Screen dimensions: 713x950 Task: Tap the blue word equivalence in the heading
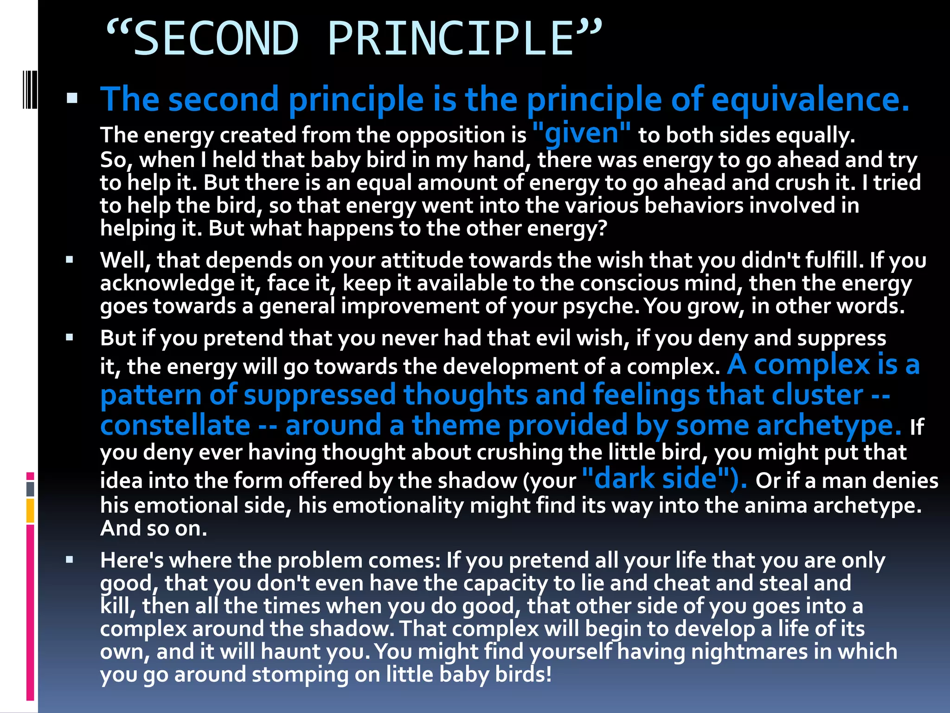809,99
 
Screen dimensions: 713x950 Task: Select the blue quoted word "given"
582,133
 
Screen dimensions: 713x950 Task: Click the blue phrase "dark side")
664,479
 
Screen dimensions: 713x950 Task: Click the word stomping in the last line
300,674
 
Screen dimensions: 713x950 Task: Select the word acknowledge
167,284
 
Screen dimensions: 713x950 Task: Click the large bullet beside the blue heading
72,98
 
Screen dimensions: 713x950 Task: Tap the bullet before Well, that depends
70,260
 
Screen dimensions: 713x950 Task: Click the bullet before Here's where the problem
70,560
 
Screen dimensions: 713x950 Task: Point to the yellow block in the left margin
30,511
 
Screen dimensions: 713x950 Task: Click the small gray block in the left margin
30,489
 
